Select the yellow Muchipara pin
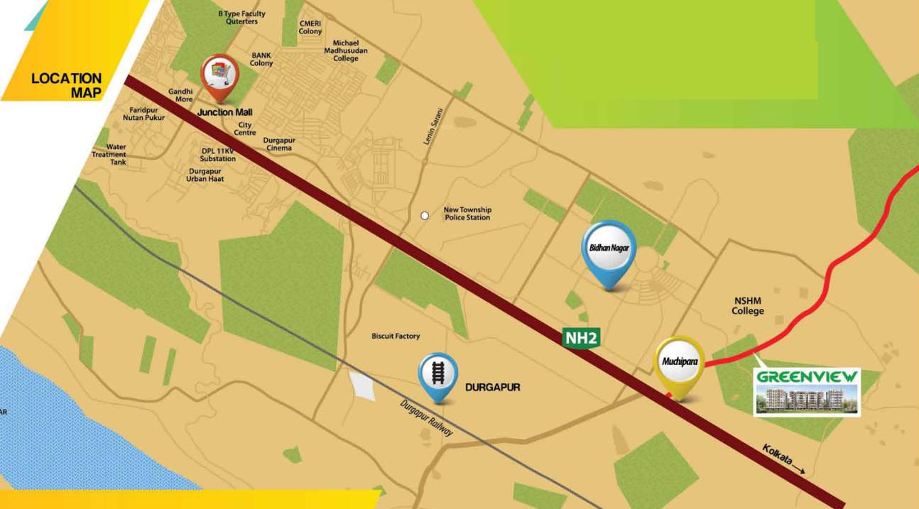[x=680, y=364]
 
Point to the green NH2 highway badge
[x=582, y=338]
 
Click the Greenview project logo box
[x=806, y=392]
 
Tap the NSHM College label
[x=748, y=306]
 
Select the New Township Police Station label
[x=467, y=214]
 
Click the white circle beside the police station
[x=425, y=216]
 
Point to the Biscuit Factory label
[x=396, y=336]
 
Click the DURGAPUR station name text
[x=492, y=388]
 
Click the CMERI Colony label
[x=310, y=28]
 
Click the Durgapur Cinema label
[x=279, y=144]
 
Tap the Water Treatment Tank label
[x=109, y=155]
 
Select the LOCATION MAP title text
[x=67, y=85]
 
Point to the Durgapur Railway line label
[x=427, y=418]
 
